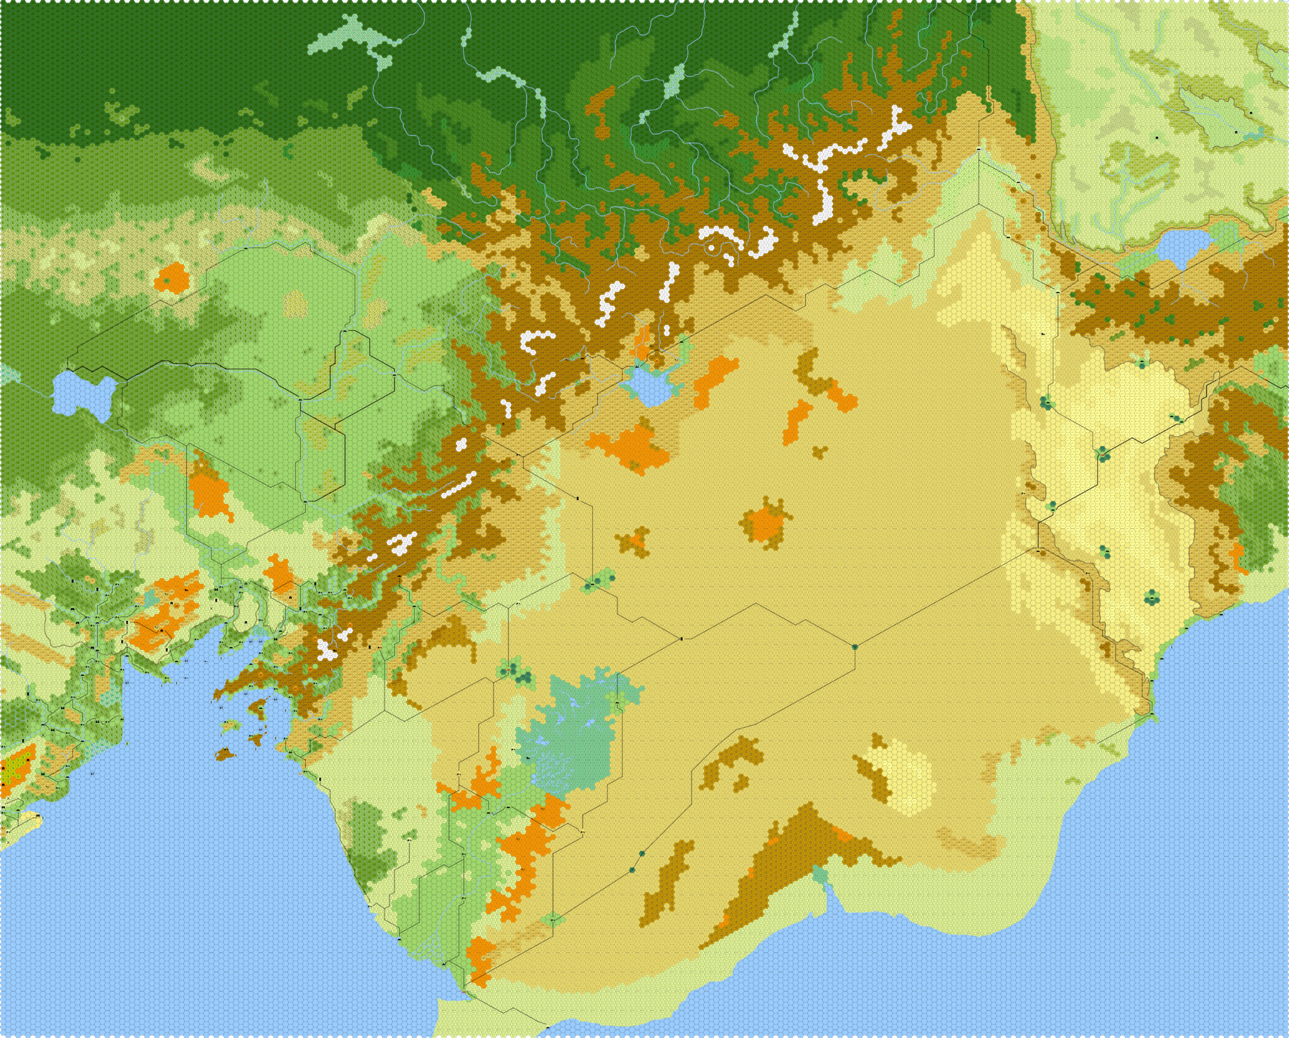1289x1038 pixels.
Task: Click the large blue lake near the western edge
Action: click(82, 394)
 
